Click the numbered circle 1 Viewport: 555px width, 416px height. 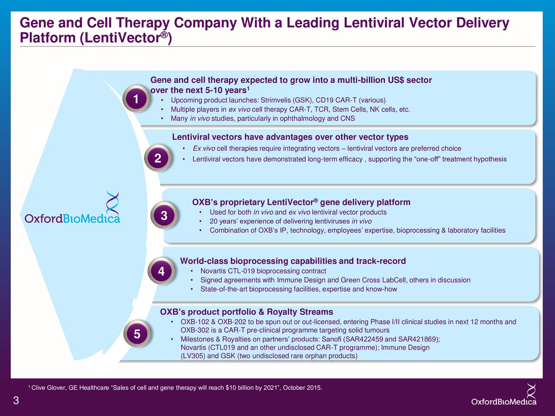coord(136,98)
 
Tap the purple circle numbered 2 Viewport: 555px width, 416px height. coord(158,158)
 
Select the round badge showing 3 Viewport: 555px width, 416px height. coord(164,215)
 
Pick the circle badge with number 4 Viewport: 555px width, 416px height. coord(161,271)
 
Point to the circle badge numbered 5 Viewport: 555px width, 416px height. coord(137,334)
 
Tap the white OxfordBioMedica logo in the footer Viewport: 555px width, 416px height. coord(504,395)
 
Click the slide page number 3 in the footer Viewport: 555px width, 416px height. coord(16,400)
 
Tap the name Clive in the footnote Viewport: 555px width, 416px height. coord(39,387)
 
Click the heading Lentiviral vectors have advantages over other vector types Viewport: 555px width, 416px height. coord(290,137)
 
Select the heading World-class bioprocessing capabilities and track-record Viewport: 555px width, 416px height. coord(293,261)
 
